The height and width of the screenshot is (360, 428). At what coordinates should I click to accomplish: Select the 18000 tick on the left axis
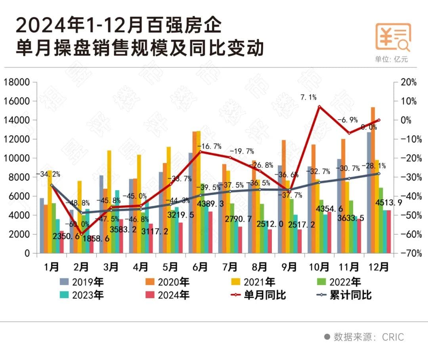click(x=17, y=82)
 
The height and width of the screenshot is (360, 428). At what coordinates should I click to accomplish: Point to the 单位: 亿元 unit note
click(x=391, y=59)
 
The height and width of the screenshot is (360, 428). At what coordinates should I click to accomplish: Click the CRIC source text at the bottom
click(x=393, y=337)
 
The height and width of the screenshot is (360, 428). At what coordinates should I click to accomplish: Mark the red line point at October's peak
click(x=319, y=107)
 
